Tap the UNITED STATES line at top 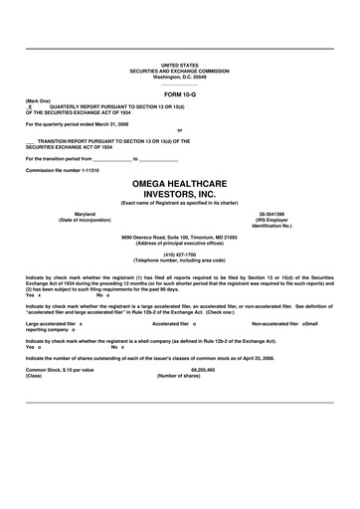pyautogui.click(x=179, y=64)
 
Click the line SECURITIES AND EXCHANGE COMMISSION pyautogui.click(x=179, y=70)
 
